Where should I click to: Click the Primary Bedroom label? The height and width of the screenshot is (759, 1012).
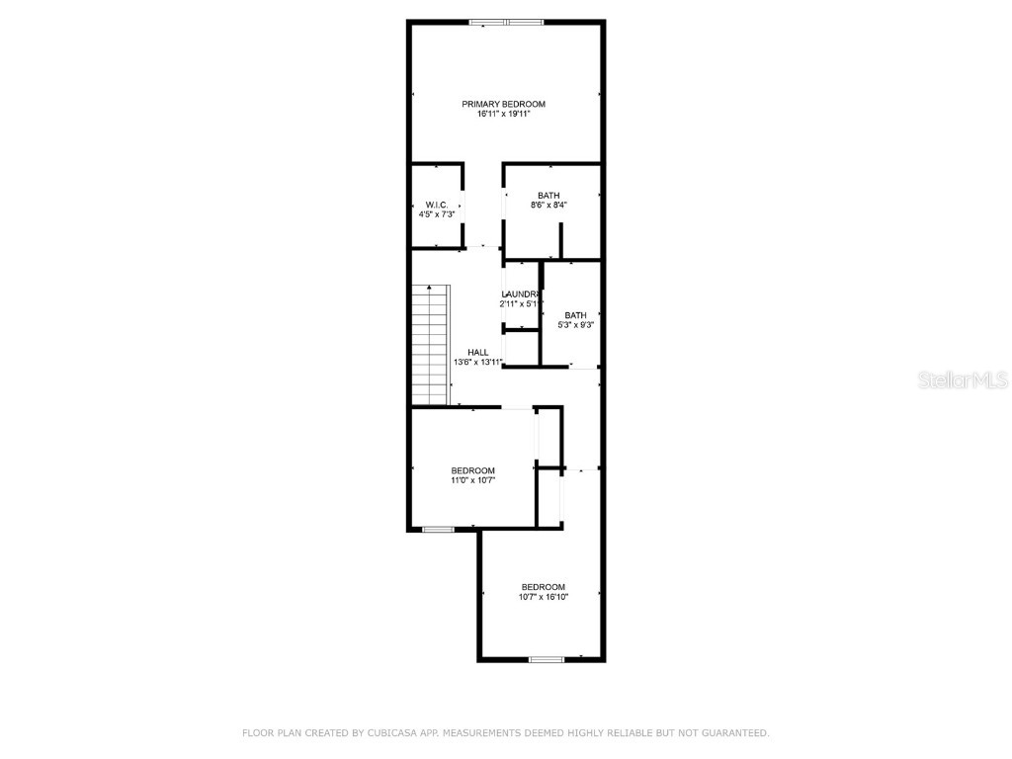click(503, 104)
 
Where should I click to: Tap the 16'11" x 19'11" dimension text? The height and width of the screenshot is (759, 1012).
click(503, 115)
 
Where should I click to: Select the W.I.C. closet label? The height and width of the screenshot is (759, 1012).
click(437, 205)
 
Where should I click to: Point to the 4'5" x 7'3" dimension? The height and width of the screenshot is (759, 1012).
click(437, 214)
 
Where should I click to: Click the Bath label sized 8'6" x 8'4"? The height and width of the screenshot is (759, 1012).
click(548, 195)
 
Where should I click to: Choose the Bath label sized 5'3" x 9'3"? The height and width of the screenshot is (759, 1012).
click(575, 315)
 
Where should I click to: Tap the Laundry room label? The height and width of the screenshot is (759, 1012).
click(520, 295)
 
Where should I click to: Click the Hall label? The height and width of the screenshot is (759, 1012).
click(478, 353)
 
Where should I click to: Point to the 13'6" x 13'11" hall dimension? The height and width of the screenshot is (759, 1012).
click(478, 363)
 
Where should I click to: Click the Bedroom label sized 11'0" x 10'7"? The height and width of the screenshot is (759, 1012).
click(472, 470)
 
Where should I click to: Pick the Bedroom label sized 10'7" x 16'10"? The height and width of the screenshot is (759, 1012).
click(544, 587)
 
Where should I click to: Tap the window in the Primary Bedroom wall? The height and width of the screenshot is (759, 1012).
click(506, 22)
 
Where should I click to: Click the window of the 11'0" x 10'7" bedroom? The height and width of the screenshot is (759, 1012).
click(438, 530)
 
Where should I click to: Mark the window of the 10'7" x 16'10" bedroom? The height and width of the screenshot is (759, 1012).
click(547, 658)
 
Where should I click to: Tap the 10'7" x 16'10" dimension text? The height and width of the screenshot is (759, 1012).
click(544, 597)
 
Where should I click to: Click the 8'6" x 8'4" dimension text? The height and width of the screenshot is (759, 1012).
click(548, 206)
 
